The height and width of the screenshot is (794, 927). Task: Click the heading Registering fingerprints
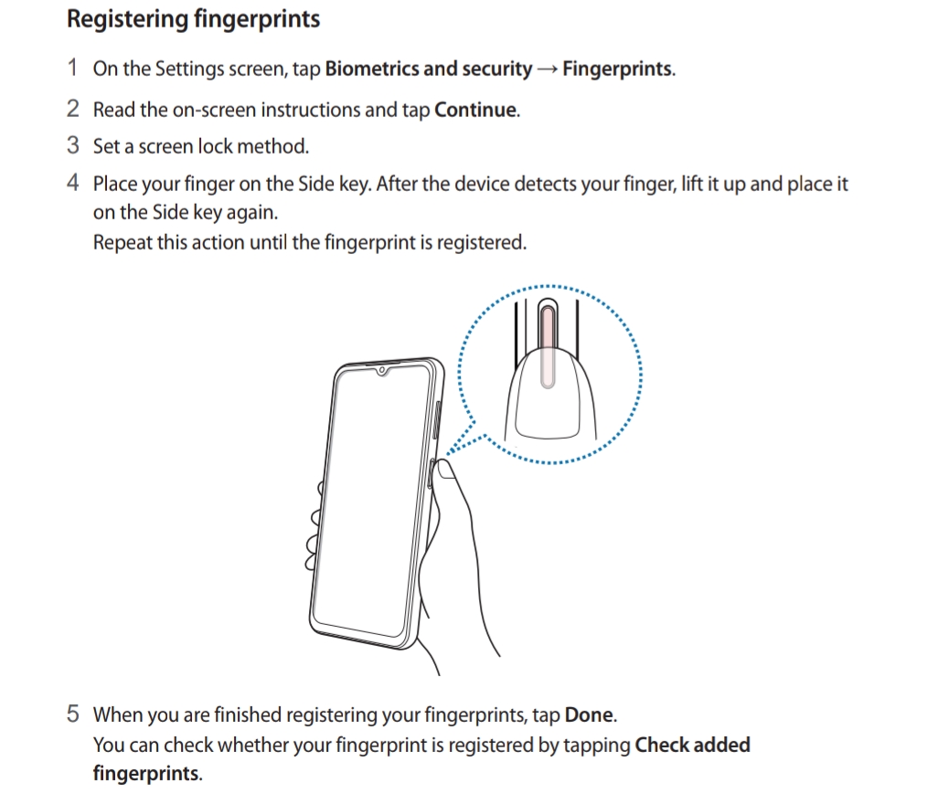tap(193, 19)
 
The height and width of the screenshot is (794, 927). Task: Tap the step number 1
tap(73, 68)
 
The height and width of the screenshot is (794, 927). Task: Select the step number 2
tap(73, 109)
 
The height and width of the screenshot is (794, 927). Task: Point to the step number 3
tap(73, 145)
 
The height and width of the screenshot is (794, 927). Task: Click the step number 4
tap(73, 183)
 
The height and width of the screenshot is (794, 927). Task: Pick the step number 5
tap(73, 714)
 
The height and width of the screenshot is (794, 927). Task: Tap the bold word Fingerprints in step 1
tap(617, 69)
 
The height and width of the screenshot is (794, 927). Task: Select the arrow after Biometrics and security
tap(548, 69)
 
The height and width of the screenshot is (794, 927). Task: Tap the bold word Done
tap(589, 715)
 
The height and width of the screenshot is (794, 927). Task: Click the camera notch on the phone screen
tap(382, 370)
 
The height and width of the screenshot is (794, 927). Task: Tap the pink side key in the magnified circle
tap(548, 345)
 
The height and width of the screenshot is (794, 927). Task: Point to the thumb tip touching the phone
tap(444, 470)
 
